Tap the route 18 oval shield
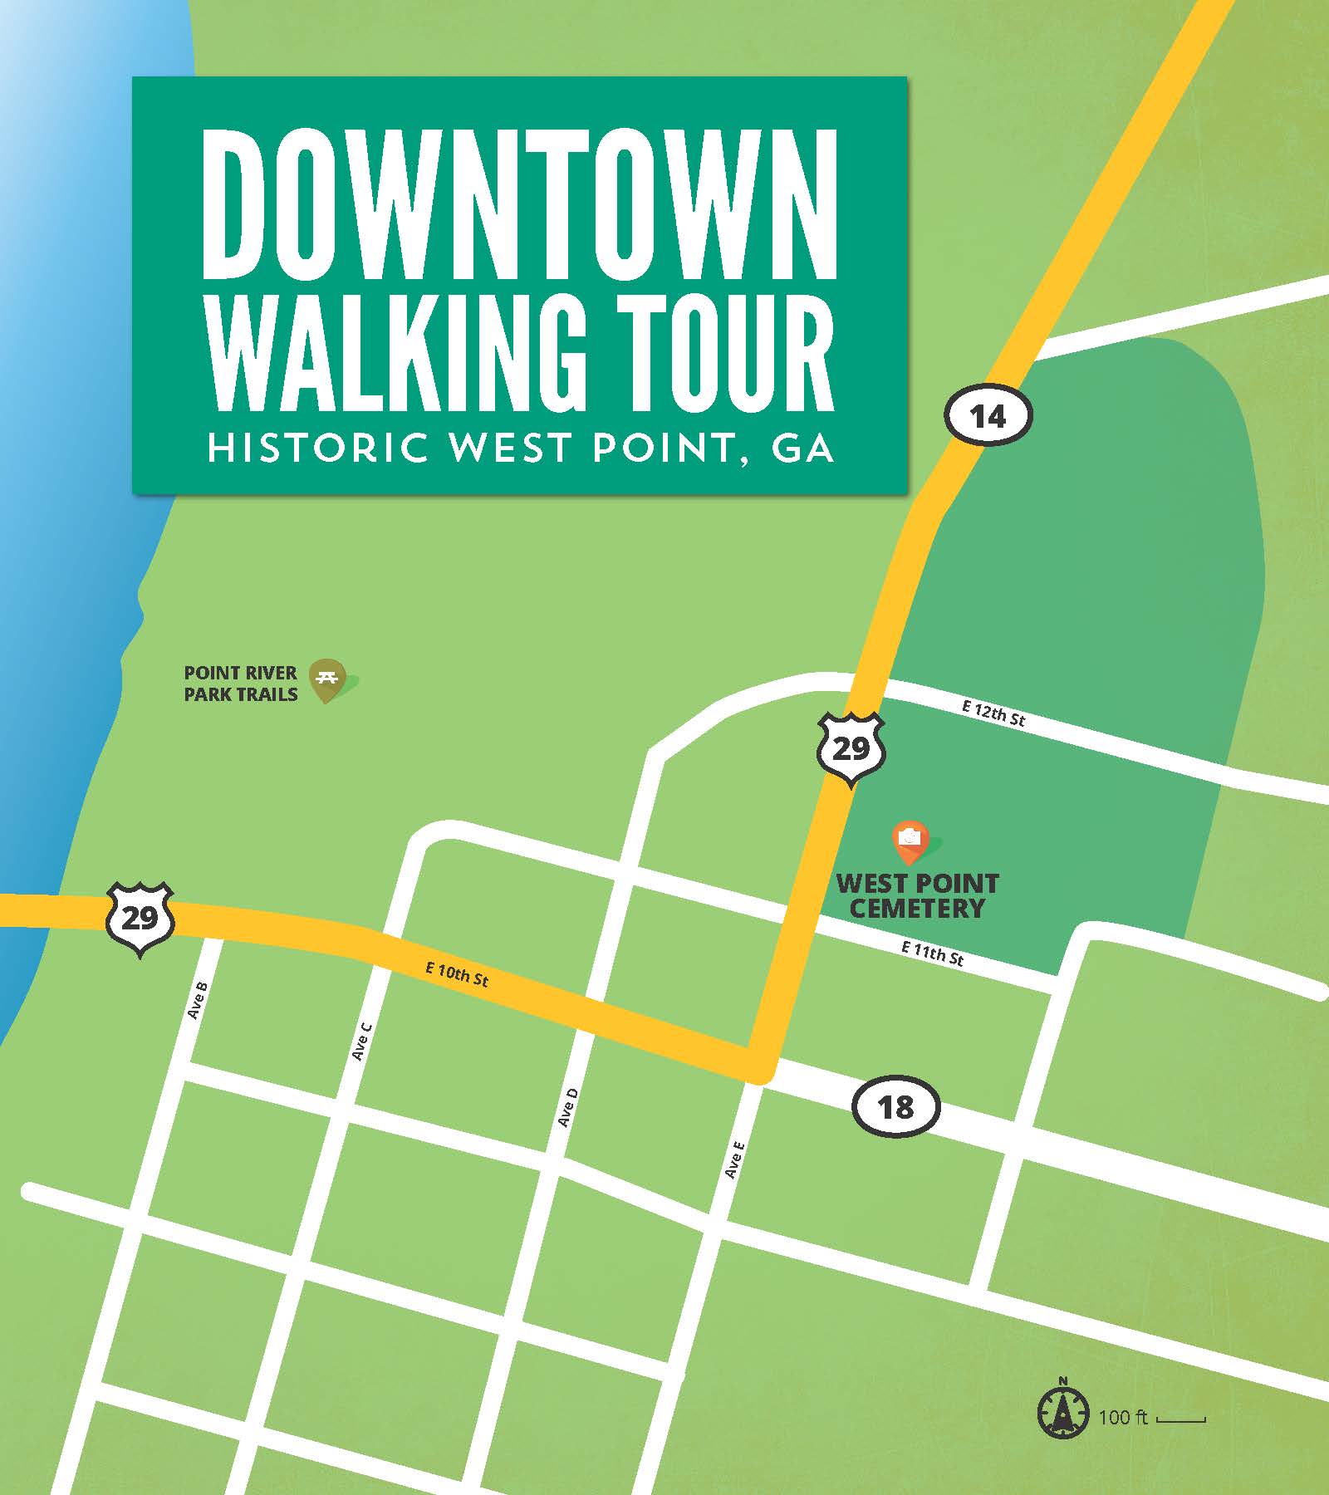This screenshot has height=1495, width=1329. point(895,1107)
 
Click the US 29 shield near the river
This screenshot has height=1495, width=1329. point(140,919)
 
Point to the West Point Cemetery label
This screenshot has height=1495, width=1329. point(917,895)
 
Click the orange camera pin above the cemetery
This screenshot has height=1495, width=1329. point(911,840)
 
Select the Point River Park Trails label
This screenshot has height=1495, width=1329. point(241,684)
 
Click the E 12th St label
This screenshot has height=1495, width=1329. point(993,713)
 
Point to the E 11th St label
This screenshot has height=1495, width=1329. point(933,953)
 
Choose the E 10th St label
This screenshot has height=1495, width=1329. point(457,974)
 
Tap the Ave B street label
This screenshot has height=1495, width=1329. point(198,1001)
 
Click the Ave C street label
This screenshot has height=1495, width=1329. point(361,1041)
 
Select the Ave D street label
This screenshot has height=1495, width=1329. point(567,1107)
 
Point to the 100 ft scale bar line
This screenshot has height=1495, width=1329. point(1180,1420)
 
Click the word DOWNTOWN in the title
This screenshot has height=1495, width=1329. point(520,205)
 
